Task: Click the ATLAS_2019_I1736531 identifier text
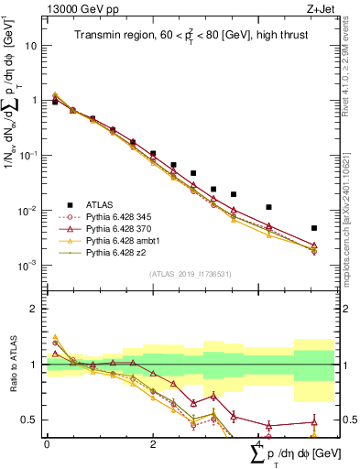coord(190,273)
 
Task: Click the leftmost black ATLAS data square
coord(55,103)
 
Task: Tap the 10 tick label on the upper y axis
coord(31,44)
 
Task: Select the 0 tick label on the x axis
coord(47,443)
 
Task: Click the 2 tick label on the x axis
coord(153,443)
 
